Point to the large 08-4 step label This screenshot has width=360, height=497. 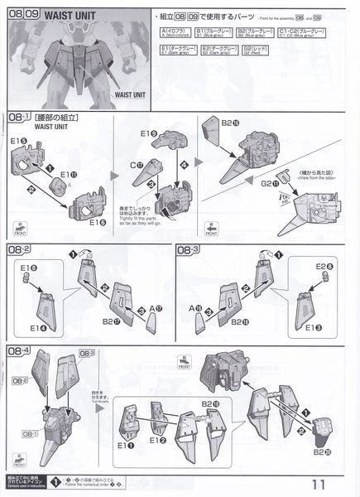(x=18, y=352)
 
